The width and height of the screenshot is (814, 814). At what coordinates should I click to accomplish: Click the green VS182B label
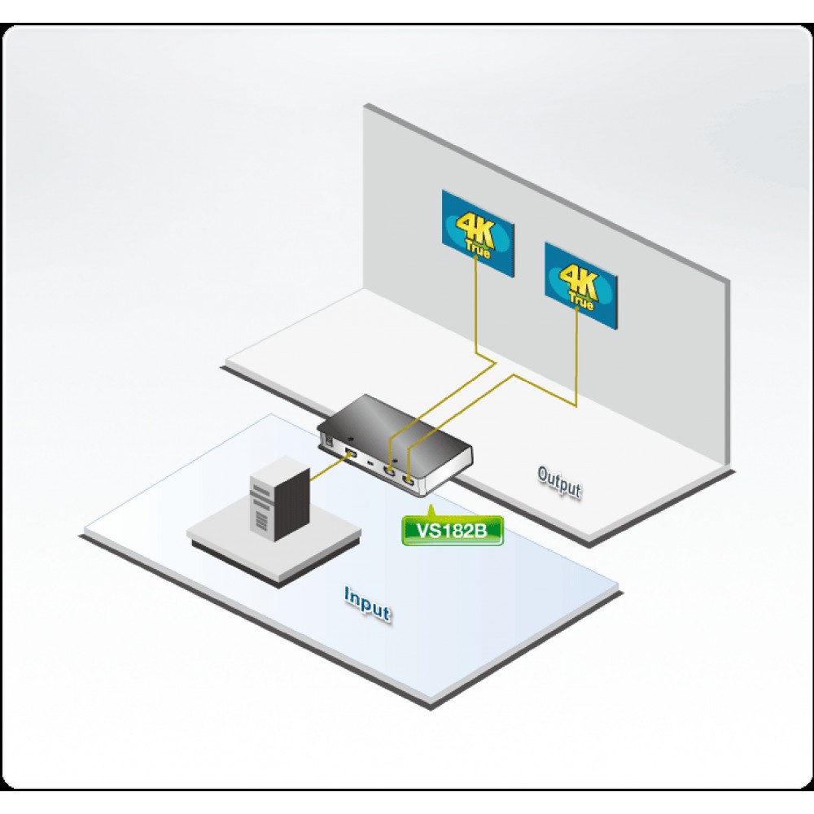[x=452, y=530]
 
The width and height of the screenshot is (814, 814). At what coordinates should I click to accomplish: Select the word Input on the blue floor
[x=367, y=603]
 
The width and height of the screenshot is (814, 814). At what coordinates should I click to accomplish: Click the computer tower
[x=279, y=498]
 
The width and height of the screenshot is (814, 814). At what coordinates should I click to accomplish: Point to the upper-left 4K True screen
[x=478, y=233]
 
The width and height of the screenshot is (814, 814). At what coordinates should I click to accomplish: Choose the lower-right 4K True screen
[x=580, y=285]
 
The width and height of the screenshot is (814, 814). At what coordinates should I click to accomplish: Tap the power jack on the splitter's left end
[x=328, y=441]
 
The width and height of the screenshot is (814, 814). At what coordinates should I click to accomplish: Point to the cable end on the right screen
[x=577, y=309]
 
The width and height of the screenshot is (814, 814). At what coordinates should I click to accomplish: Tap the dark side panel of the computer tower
[x=291, y=504]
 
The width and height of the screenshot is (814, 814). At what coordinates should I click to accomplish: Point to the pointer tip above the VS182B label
[x=429, y=505]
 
